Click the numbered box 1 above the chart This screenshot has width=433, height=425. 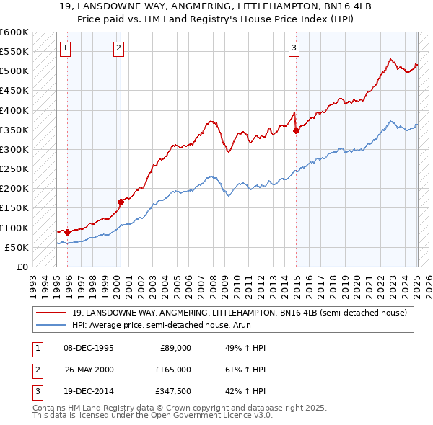65,48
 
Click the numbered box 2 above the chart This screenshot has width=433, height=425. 118,48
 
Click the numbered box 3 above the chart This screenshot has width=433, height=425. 294,48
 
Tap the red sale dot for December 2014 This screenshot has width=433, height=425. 296,130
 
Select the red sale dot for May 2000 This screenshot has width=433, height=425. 121,202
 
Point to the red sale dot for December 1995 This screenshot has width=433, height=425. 67,232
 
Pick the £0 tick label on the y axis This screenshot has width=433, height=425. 22,267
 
